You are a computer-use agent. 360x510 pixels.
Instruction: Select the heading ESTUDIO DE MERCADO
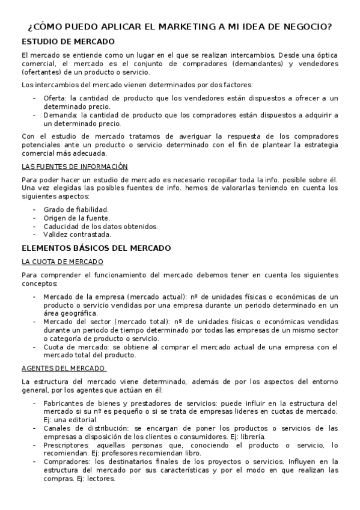coord(67,41)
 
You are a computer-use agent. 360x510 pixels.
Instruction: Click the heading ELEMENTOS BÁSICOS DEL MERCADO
coord(96,248)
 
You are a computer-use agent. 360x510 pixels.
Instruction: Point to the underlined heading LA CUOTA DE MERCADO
coord(63,262)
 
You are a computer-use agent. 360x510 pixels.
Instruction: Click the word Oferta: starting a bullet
coord(55,98)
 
